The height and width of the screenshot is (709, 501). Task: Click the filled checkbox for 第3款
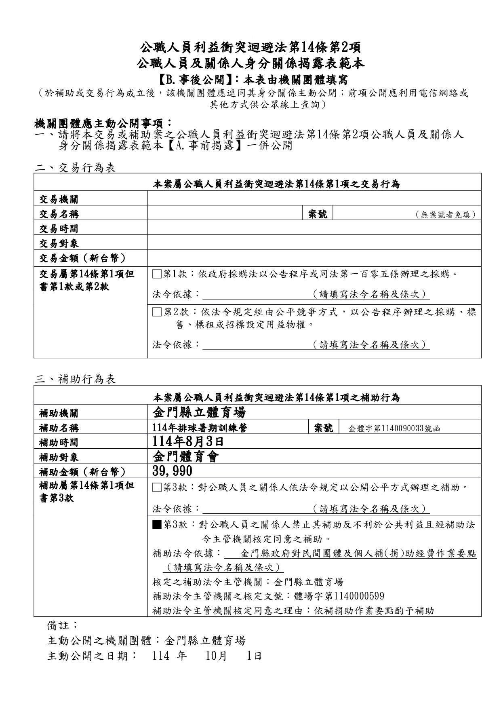point(156,525)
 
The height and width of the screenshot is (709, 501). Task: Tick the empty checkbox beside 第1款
point(156,274)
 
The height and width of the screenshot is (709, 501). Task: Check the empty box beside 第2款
point(156,312)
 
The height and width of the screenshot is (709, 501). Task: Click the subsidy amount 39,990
point(173,471)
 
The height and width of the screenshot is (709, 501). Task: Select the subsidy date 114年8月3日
point(188,442)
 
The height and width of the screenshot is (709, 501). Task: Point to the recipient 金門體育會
point(186,457)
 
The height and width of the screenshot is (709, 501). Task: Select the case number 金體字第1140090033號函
point(394,428)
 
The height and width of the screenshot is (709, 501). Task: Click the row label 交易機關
point(59,199)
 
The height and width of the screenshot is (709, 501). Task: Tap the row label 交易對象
point(59,243)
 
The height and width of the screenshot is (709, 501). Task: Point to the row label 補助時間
point(59,443)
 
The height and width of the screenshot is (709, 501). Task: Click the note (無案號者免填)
point(445,215)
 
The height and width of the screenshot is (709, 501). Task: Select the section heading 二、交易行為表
point(75,168)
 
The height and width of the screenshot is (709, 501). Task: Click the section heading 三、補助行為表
point(75,379)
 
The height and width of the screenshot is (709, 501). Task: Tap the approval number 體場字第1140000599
point(339,596)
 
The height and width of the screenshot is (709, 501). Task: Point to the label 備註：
point(63,625)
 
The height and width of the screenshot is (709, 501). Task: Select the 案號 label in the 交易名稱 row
point(318,214)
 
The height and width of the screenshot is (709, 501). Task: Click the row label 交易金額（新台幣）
point(82,258)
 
